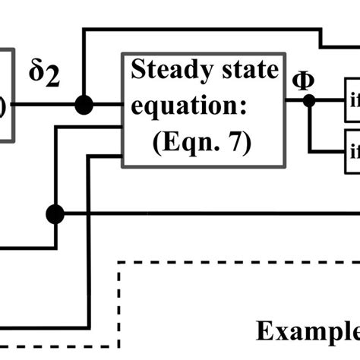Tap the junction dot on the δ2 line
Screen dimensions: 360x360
(x=84, y=104)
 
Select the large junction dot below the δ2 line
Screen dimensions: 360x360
(x=55, y=214)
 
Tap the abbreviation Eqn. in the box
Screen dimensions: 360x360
(x=184, y=144)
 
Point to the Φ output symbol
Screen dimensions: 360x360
(x=302, y=79)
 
